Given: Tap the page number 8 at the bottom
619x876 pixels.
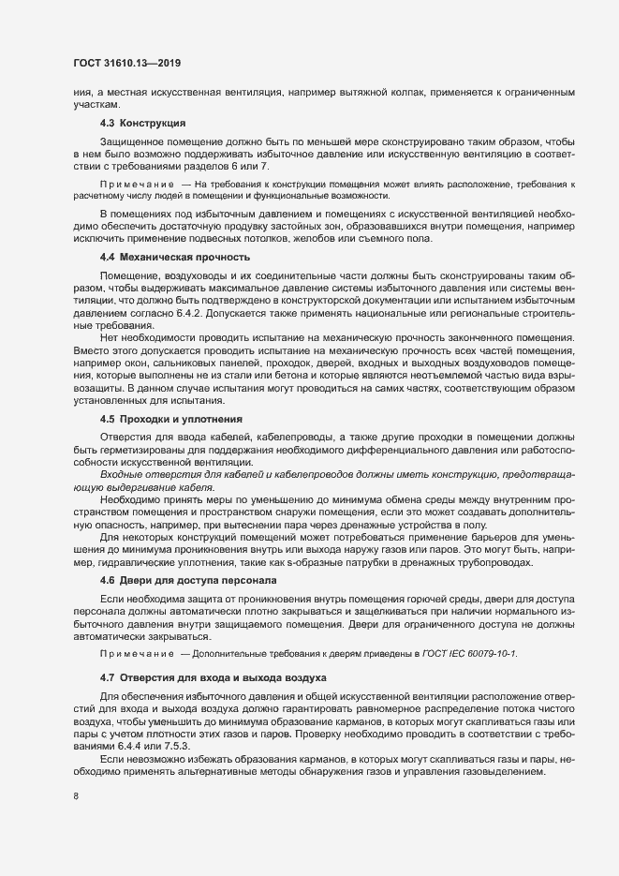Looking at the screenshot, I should pos(75,796).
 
